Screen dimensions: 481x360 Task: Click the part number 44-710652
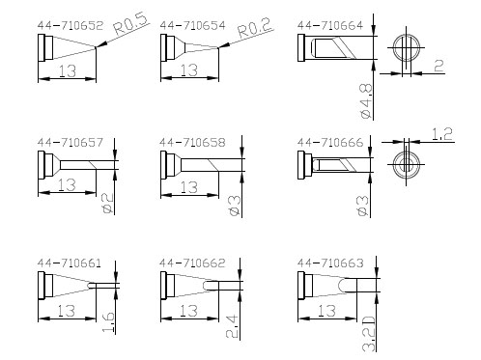pyautogui.click(x=71, y=25)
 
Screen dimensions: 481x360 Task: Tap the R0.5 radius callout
pyautogui.click(x=131, y=24)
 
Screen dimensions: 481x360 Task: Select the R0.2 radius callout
pyautogui.click(x=255, y=28)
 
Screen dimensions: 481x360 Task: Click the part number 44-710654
pyautogui.click(x=192, y=25)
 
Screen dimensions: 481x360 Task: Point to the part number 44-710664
pyautogui.click(x=330, y=25)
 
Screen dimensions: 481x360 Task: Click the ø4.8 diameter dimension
pyautogui.click(x=366, y=101)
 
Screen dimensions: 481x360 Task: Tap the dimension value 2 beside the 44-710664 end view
pyautogui.click(x=439, y=66)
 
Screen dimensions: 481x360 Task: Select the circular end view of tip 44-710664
pyautogui.click(x=407, y=48)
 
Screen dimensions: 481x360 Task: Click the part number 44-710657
pyautogui.click(x=71, y=142)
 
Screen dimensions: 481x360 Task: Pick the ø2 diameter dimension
pyautogui.click(x=108, y=203)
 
